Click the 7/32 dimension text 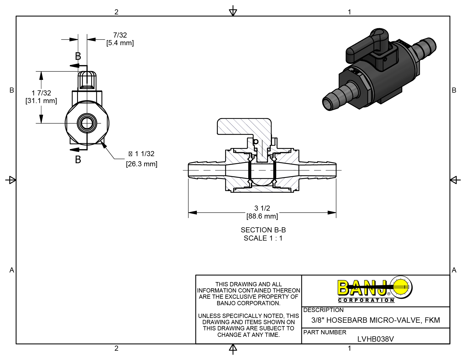tap(120, 35)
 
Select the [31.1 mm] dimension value tap(41, 101)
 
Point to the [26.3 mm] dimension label tap(141, 164)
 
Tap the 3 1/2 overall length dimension tap(262, 208)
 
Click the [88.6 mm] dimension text tap(262, 216)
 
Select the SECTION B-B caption tap(263, 230)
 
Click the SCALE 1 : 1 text tap(263, 238)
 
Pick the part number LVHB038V tap(375, 339)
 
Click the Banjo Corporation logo tap(375, 290)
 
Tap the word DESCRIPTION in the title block tap(323, 310)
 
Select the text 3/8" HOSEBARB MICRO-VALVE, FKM tap(376, 320)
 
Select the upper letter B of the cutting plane tap(78, 56)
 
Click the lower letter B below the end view tap(78, 160)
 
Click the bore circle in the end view tap(87, 123)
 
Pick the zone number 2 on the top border tap(116, 12)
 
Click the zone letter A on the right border tap(454, 270)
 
